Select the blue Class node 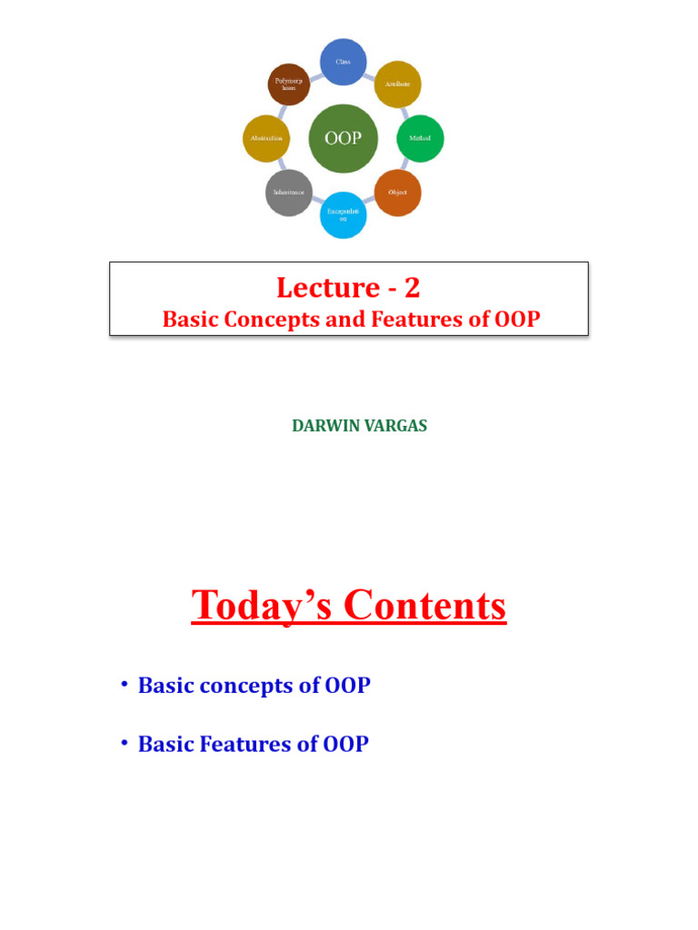click(343, 62)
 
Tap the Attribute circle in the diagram click(397, 83)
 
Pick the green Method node click(420, 138)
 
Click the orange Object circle click(398, 193)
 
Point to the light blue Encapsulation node click(343, 215)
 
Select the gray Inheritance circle click(288, 193)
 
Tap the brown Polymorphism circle click(289, 84)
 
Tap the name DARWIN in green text click(321, 426)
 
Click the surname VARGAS click(394, 426)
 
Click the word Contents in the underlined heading click(425, 606)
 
